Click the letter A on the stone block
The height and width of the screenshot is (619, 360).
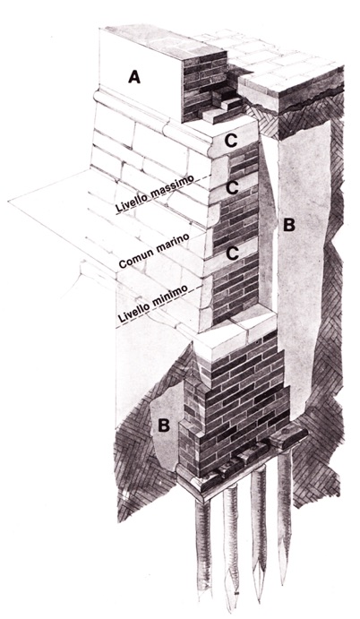[x=134, y=76]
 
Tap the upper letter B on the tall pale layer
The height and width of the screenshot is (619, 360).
[x=289, y=225]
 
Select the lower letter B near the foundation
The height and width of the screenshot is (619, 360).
[x=163, y=426]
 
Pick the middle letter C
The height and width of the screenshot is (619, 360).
[x=232, y=189]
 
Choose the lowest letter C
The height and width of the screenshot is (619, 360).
[x=233, y=254]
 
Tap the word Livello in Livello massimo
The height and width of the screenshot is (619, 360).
[x=131, y=203]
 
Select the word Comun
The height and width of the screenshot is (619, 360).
[x=133, y=260]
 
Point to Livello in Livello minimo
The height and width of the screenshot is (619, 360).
[x=134, y=312]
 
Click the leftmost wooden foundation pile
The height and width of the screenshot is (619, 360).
[x=203, y=549]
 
